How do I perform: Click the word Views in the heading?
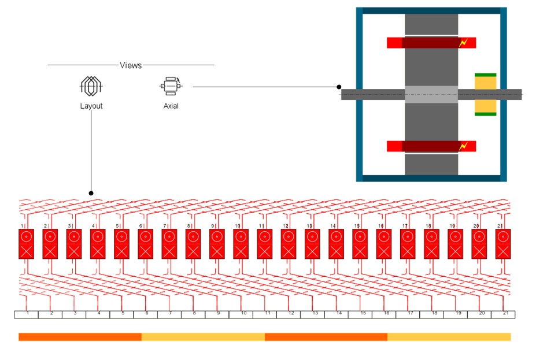coord(131,65)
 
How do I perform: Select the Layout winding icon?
coord(91,87)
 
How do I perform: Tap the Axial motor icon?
coord(171,86)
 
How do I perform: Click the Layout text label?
coord(91,106)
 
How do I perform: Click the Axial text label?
coord(171,106)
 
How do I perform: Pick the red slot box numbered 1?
coord(26,243)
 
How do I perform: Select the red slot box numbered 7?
coord(169,243)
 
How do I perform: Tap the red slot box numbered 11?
coord(264,243)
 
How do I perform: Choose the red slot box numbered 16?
coord(383,243)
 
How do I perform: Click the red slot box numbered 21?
coord(502,243)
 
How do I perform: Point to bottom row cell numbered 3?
coord(75,314)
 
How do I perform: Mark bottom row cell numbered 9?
coord(217,314)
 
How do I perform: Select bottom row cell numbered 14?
coord(337,314)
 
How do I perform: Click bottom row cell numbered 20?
coord(480,314)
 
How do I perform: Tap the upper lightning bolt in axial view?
coord(463,43)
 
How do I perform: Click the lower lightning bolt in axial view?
coord(463,146)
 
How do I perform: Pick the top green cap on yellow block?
coord(485,75)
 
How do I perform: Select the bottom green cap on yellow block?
coord(485,114)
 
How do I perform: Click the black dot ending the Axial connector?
coord(339,87)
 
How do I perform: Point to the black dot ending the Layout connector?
coord(91,192)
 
